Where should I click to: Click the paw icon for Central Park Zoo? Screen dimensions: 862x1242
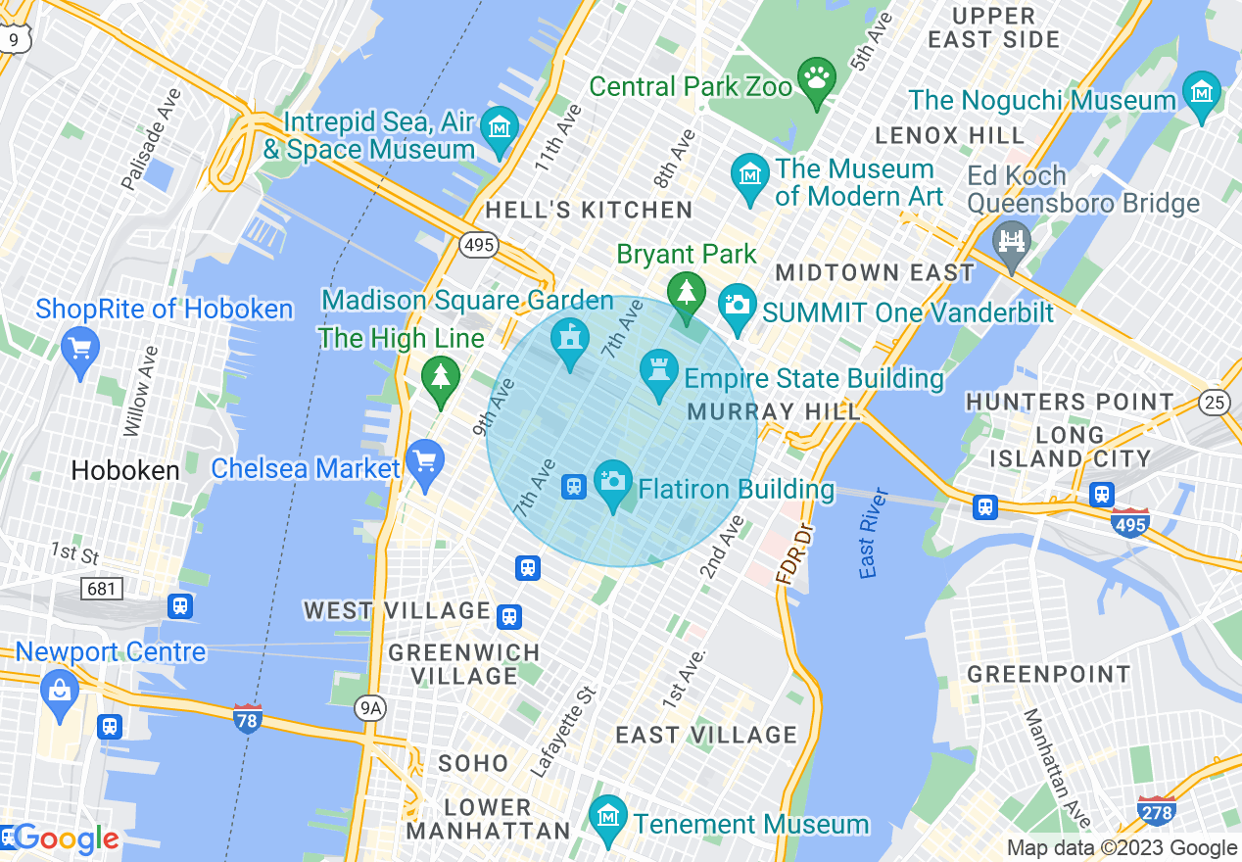(x=816, y=75)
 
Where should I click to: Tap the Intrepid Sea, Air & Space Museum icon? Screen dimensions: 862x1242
(x=501, y=127)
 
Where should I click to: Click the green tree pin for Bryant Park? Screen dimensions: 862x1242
(x=686, y=292)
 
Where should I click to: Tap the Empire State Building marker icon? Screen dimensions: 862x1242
(x=658, y=370)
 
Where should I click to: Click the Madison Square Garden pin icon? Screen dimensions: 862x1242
(x=568, y=339)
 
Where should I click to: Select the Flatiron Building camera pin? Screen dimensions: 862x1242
(x=614, y=480)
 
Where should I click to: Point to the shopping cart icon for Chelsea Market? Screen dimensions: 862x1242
(x=425, y=460)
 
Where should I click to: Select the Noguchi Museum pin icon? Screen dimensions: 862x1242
(x=1201, y=92)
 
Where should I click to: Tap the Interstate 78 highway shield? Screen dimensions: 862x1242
(x=248, y=719)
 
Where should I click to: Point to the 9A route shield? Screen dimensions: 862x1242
(x=370, y=707)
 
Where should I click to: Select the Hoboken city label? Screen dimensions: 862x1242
(x=124, y=470)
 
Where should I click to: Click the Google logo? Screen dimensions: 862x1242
(x=65, y=838)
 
